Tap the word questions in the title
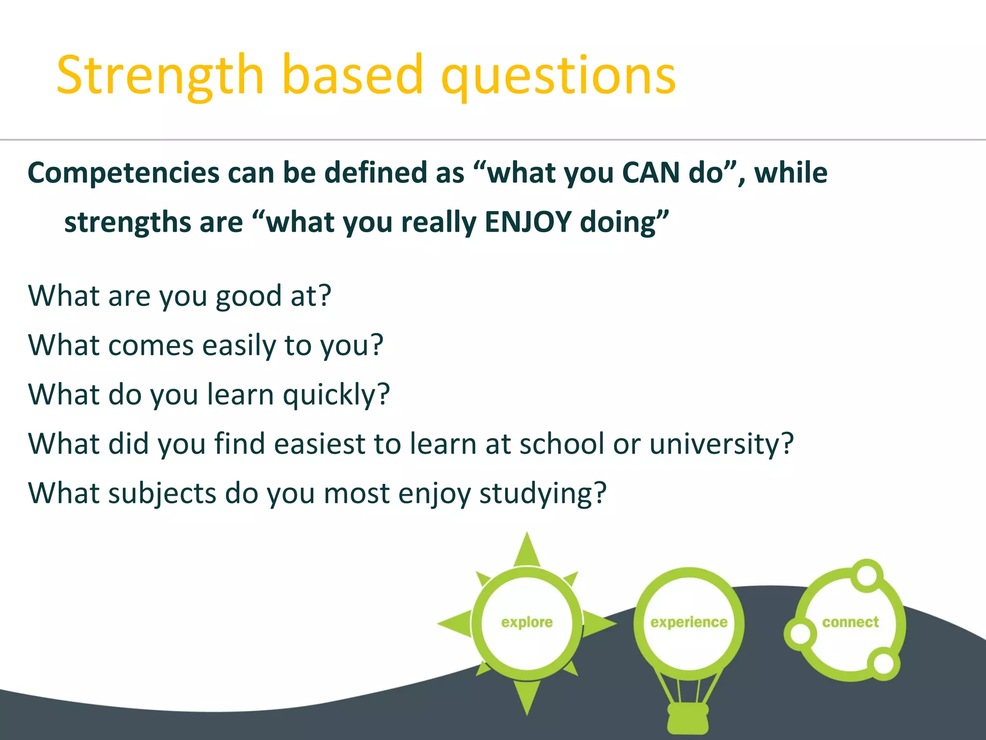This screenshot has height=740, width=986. [x=558, y=76]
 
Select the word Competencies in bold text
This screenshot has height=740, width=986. [x=124, y=173]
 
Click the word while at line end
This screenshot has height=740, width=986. [x=791, y=172]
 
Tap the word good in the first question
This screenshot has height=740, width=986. [x=248, y=296]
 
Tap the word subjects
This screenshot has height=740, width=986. [x=162, y=494]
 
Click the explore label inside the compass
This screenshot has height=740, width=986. [x=527, y=622]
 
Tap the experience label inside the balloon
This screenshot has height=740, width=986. [x=688, y=622]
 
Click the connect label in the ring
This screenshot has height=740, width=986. [x=850, y=622]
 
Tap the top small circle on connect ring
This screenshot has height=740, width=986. [x=867, y=575]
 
